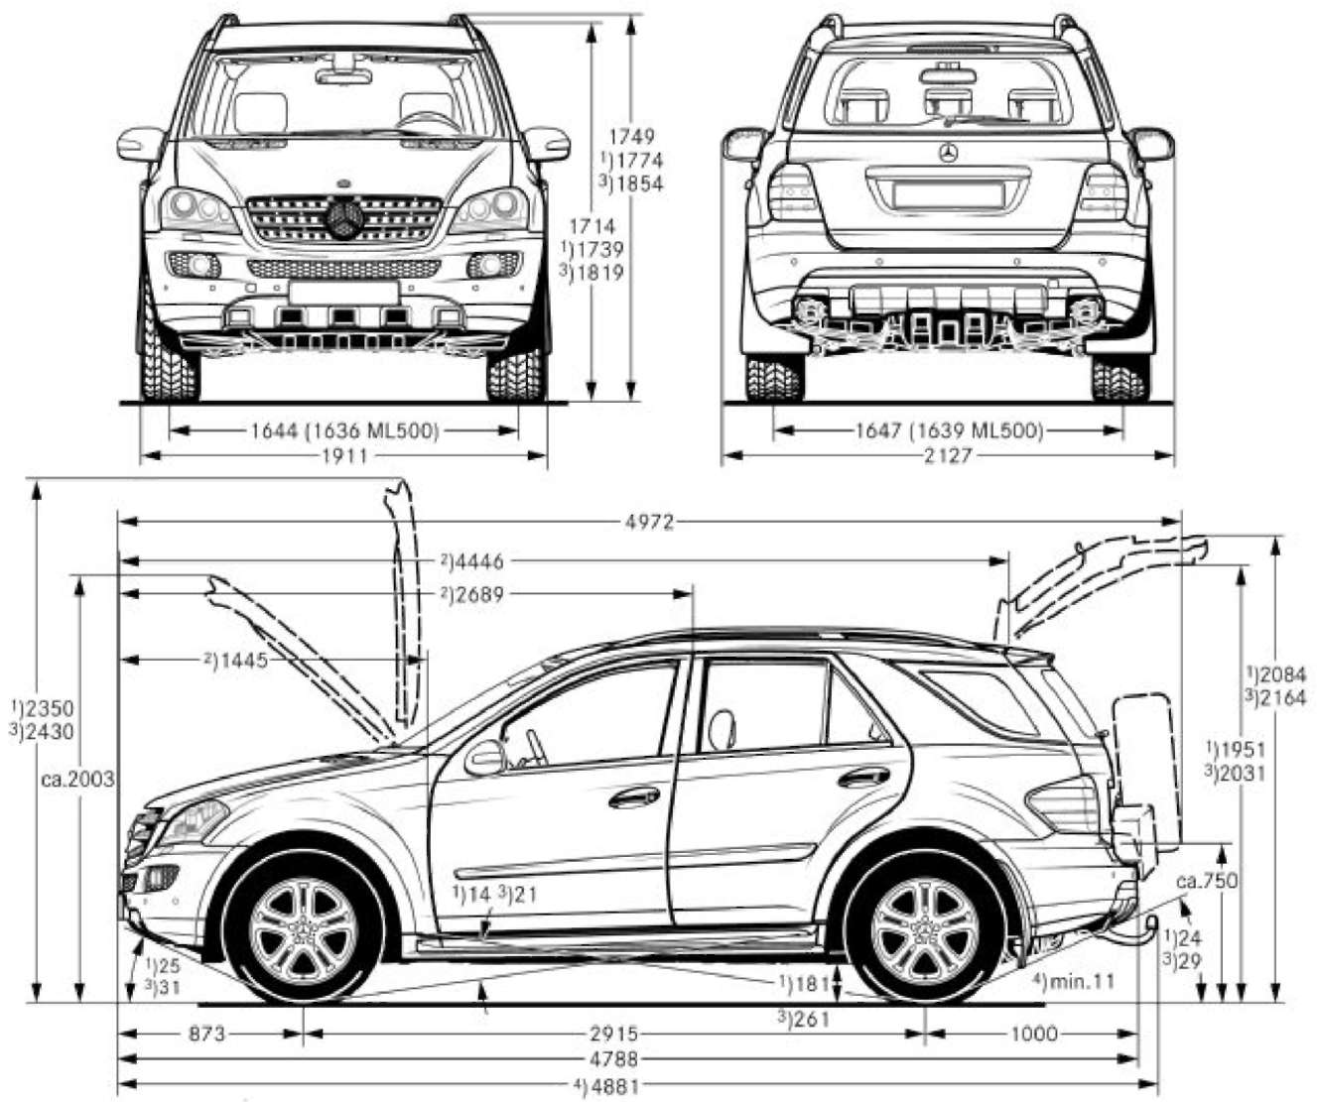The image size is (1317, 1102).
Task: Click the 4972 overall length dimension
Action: pyautogui.click(x=651, y=522)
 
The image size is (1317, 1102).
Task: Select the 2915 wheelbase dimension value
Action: pyautogui.click(x=613, y=1035)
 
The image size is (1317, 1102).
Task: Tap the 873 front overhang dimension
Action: pyautogui.click(x=206, y=1035)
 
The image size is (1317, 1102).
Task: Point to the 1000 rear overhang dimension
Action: pyautogui.click(x=1034, y=1035)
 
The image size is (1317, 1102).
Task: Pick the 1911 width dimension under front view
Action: pyautogui.click(x=343, y=456)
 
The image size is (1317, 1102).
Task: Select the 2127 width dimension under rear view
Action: pyautogui.click(x=948, y=456)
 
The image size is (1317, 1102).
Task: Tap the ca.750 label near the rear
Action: pyautogui.click(x=1207, y=881)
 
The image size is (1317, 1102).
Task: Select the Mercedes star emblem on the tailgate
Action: pyautogui.click(x=947, y=153)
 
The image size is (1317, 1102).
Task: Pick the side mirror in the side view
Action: pyautogui.click(x=485, y=759)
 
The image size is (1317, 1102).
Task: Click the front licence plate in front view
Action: pyautogui.click(x=343, y=293)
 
